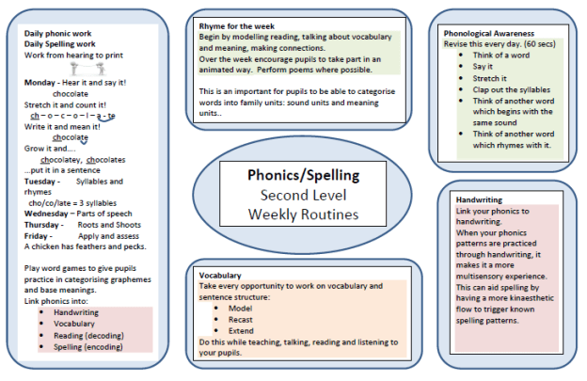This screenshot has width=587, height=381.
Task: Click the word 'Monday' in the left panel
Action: tap(41, 83)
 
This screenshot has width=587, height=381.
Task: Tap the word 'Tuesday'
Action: tap(42, 181)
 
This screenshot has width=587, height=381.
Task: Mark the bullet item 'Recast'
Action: tap(241, 318)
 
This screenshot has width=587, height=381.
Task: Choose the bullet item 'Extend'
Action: tap(241, 329)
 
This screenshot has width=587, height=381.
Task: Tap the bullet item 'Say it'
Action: tap(484, 66)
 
